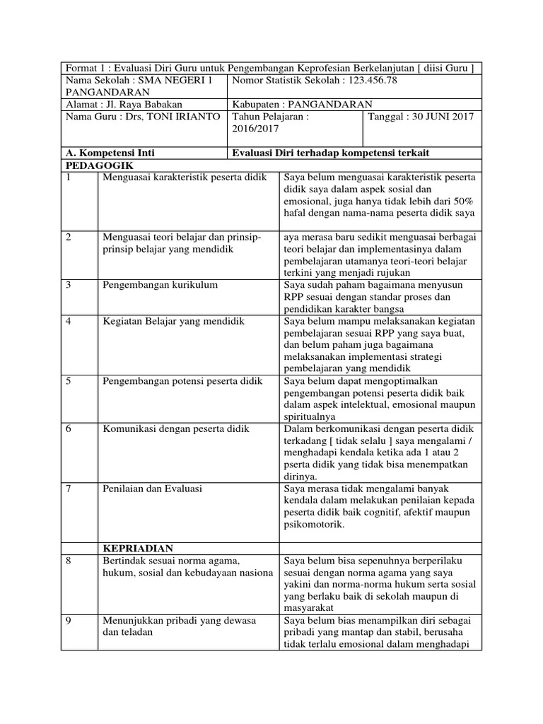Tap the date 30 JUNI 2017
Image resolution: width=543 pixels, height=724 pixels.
tap(438, 116)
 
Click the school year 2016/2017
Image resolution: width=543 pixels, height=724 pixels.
tap(257, 129)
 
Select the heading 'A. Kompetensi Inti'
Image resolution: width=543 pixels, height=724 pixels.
tap(110, 153)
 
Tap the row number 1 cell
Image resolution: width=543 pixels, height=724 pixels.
tap(69, 177)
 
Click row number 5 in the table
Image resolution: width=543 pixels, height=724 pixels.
tap(69, 381)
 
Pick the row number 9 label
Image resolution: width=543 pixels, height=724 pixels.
tap(69, 620)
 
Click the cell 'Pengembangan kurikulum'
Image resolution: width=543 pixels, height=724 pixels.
tap(160, 284)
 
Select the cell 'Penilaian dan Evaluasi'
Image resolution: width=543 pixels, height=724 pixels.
tap(153, 489)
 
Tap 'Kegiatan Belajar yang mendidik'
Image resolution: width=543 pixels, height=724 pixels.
tap(173, 321)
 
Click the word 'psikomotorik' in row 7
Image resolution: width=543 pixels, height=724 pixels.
tap(314, 525)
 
